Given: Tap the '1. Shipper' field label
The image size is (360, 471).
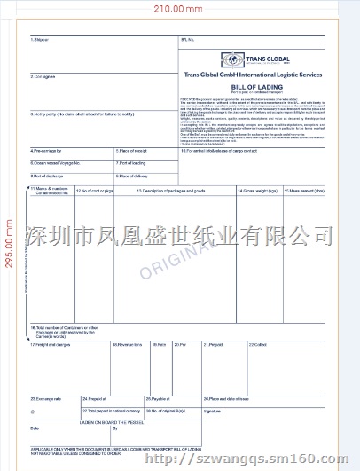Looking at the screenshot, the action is (40, 40).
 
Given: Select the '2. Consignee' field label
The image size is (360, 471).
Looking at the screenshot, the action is (43, 77).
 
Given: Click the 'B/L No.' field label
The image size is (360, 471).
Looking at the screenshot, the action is (187, 40).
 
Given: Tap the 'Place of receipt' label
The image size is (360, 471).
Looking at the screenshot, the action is (134, 151).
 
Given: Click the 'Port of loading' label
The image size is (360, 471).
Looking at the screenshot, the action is (133, 163).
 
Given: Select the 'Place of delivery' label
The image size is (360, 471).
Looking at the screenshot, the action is (134, 177).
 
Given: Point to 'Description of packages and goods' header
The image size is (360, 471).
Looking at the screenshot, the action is (172, 191).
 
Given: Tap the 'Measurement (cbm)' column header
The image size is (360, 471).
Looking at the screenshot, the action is (304, 191).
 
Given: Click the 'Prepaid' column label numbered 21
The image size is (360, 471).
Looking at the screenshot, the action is (213, 344).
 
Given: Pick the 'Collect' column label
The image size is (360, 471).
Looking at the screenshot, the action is (258, 344).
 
